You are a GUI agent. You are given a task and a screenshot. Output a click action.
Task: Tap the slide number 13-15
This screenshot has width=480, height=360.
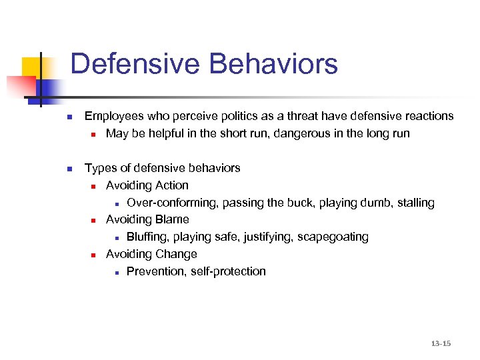tap(441, 343)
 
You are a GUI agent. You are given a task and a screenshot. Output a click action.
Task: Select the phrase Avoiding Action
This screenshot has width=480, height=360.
tap(147, 185)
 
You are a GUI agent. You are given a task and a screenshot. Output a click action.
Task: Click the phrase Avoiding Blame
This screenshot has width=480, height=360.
tap(147, 219)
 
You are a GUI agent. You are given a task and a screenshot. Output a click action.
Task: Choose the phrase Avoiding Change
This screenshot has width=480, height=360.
tap(151, 254)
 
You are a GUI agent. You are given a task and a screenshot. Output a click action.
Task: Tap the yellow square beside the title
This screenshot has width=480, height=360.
tap(32, 67)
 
